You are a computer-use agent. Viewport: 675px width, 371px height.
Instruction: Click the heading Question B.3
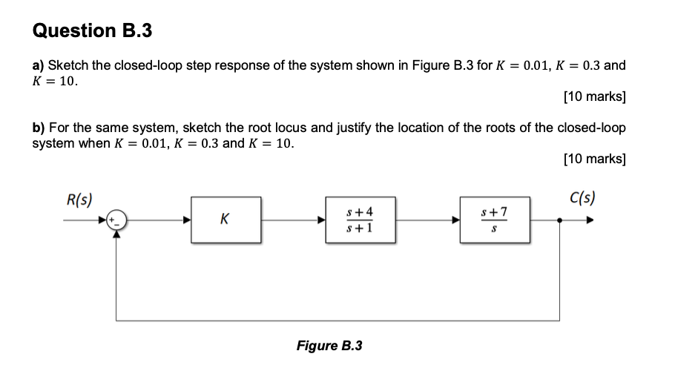[93, 30]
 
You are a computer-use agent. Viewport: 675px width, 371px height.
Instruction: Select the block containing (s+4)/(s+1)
[360, 220]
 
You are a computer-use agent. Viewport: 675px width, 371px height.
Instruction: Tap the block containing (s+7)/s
[494, 220]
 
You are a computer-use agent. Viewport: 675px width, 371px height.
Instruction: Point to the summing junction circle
[116, 220]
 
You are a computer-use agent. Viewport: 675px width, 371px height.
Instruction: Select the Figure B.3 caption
[329, 346]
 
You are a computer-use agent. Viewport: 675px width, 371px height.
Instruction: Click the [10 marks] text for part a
[594, 96]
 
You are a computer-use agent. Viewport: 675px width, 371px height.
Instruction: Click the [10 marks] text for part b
[594, 159]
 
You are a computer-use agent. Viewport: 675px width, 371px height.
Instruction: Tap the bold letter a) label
[39, 65]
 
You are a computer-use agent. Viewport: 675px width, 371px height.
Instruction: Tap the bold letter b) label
[39, 128]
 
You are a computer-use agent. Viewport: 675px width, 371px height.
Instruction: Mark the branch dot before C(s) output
[559, 220]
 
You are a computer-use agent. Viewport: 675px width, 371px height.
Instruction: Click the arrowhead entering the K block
[187, 220]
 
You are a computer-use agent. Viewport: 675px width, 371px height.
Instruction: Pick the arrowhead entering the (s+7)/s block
[455, 220]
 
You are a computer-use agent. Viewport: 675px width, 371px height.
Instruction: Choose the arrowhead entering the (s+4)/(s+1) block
[321, 220]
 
